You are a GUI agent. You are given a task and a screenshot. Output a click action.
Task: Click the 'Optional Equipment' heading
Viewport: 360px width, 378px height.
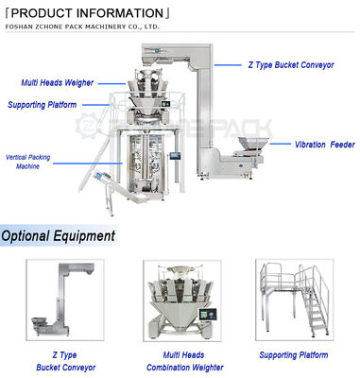pos(59,235)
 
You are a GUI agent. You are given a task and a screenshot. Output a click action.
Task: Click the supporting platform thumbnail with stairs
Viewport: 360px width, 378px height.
pos(295,301)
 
